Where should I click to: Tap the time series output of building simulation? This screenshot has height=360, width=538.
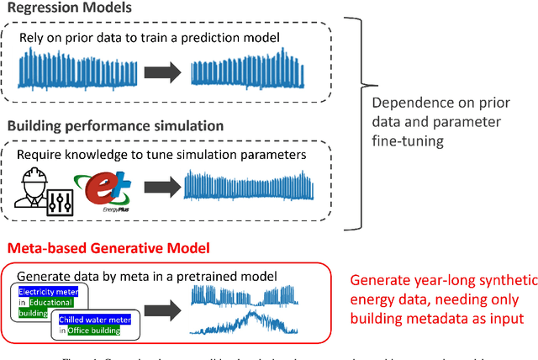click(250, 186)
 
